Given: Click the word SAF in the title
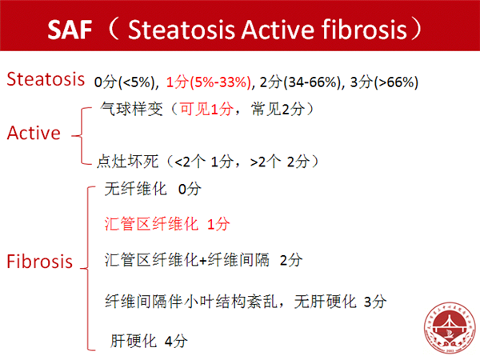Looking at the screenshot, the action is point(70,30).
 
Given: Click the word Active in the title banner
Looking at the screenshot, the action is point(278,30).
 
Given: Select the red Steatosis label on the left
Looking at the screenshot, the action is point(46,79).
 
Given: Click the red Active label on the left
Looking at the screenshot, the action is point(34,133).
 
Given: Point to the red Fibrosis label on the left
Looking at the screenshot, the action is point(39,262).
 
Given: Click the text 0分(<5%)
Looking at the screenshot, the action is point(125,82).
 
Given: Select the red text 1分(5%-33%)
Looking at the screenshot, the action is point(209,82).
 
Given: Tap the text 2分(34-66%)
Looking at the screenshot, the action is point(300,82).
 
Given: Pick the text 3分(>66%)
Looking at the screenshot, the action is point(384,82).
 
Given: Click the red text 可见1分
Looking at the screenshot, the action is point(206,109).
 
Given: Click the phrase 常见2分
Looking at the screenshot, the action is point(278,109).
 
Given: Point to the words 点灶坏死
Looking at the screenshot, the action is point(128,162).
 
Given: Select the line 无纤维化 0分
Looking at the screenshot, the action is point(153,189).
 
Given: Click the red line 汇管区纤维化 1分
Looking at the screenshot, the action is point(167,224).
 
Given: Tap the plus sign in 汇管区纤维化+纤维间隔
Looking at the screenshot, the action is point(203,261).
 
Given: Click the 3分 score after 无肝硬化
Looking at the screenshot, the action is point(375,302).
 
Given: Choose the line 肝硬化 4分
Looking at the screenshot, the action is point(149,341).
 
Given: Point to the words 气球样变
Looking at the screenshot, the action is point(132,109).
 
